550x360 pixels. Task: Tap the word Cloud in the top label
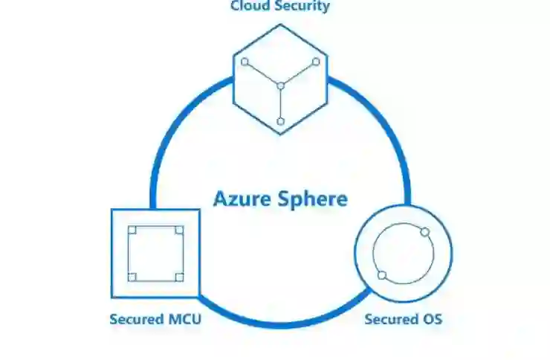247,7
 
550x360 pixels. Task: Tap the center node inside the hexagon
280,86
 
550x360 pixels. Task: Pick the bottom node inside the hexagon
280,120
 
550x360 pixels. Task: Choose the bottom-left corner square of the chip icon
132,277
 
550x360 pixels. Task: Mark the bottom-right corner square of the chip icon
178,277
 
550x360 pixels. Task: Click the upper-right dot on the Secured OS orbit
425,232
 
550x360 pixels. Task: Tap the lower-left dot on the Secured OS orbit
382,275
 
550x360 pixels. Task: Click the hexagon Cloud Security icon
280,79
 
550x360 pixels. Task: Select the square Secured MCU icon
155,253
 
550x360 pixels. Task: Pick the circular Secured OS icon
404,254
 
